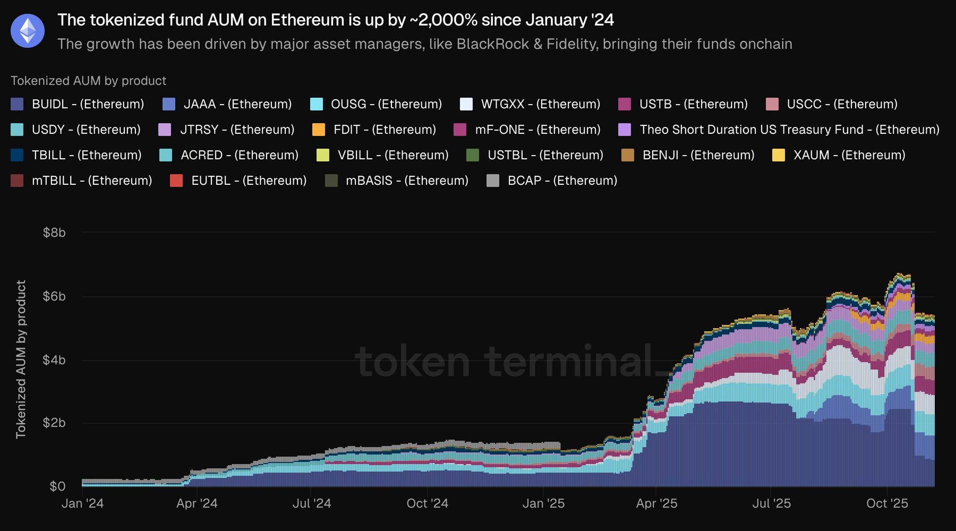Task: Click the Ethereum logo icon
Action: [x=28, y=31]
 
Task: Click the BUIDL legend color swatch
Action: [x=17, y=104]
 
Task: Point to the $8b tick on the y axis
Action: [x=54, y=233]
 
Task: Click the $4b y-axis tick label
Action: [x=54, y=360]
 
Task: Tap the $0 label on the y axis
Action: [x=57, y=486]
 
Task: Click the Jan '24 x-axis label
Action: [x=82, y=503]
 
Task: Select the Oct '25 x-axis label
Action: [x=887, y=503]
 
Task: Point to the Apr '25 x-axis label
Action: [x=656, y=503]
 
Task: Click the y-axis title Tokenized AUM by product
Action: [x=21, y=359]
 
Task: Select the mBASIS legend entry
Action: [x=407, y=181]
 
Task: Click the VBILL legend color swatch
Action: [x=323, y=155]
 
